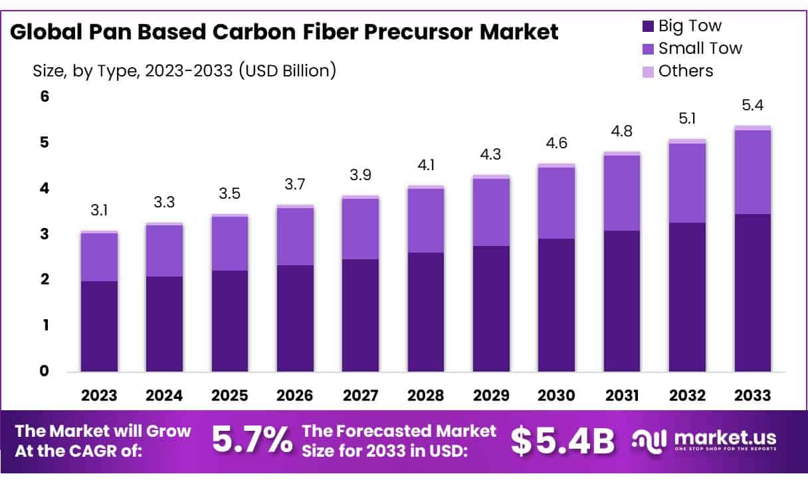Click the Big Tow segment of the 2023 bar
point(99,326)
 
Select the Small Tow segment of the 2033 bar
point(753,172)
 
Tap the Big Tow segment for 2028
point(426,312)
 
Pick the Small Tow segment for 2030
point(557,203)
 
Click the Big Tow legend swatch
point(648,27)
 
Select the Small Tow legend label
point(700,49)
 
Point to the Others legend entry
point(684,71)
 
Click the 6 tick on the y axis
point(45,96)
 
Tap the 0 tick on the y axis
point(45,371)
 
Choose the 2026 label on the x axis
point(295,396)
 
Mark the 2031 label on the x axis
point(622,396)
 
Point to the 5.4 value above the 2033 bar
point(753,106)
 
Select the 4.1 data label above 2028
point(426,166)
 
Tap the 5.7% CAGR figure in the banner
point(252,441)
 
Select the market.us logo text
point(724,438)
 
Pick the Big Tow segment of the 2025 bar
point(230,320)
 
